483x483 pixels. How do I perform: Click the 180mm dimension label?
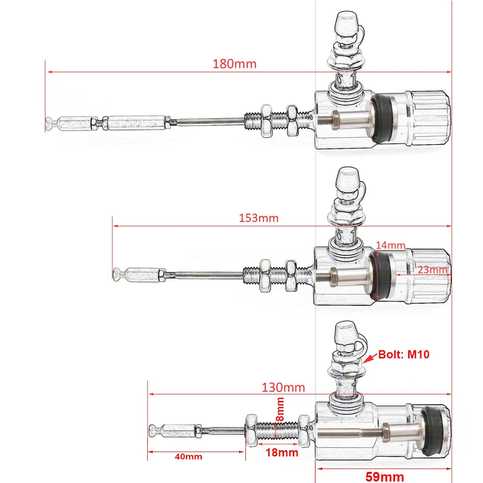point(234,64)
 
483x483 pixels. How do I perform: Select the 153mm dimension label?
point(258,218)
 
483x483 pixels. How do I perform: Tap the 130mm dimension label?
point(283,387)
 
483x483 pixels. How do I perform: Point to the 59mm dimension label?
point(384,476)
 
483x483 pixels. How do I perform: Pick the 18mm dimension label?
point(282,453)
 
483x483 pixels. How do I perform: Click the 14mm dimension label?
point(391,245)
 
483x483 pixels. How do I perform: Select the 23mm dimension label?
point(432,270)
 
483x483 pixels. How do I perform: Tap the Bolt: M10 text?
point(404,355)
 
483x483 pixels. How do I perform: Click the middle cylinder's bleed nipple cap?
point(347,179)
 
